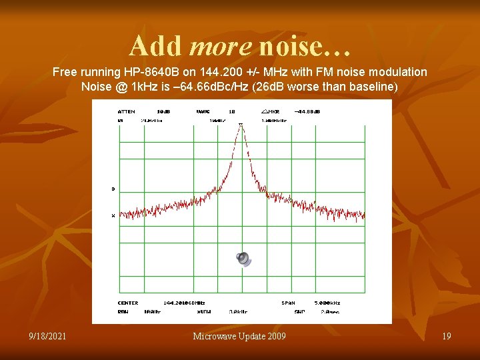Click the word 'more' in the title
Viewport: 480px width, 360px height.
pyautogui.click(x=221, y=46)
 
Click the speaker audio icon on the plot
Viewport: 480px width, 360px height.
pyautogui.click(x=244, y=259)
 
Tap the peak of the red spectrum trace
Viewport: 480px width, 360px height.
pyautogui.click(x=241, y=127)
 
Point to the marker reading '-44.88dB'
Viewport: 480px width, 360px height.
pyautogui.click(x=306, y=111)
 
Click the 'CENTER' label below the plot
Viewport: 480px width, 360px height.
pyautogui.click(x=127, y=303)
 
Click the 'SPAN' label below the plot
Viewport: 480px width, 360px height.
pyautogui.click(x=287, y=303)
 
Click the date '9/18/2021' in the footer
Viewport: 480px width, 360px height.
pyautogui.click(x=48, y=336)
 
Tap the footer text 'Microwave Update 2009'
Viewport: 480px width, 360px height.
pyautogui.click(x=239, y=336)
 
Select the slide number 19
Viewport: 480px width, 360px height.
pyautogui.click(x=446, y=336)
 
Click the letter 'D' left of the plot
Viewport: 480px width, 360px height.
pyautogui.click(x=113, y=189)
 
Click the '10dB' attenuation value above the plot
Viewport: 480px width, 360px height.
pyautogui.click(x=163, y=111)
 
